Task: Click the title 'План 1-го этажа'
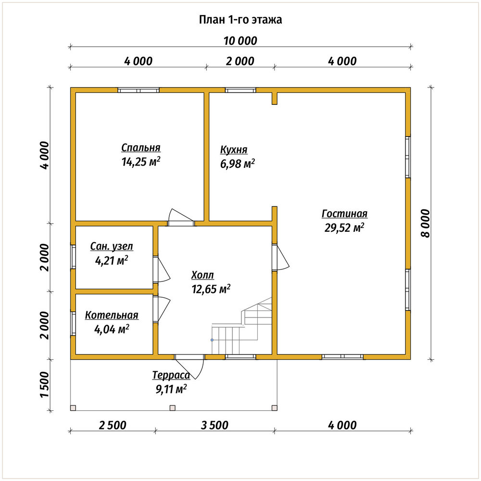[x=240, y=20]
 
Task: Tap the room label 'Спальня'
[x=141, y=148]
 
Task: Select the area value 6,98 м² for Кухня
[x=238, y=164]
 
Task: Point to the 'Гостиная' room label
[x=344, y=214]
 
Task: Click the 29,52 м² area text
[x=344, y=228]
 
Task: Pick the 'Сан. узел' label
[x=112, y=246]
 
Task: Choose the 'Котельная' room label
[x=112, y=315]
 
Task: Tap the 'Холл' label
[x=203, y=275]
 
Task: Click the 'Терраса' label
[x=171, y=375]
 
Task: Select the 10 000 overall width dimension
[x=240, y=41]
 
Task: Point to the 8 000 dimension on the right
[x=426, y=223]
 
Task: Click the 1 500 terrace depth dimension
[x=44, y=385]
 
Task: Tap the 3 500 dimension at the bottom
[x=215, y=425]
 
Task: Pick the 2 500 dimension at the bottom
[x=113, y=425]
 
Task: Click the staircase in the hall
[x=242, y=326]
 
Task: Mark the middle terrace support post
[x=172, y=408]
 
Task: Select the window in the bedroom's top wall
[x=139, y=90]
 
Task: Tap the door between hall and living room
[x=280, y=257]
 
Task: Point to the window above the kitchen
[x=240, y=90]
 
